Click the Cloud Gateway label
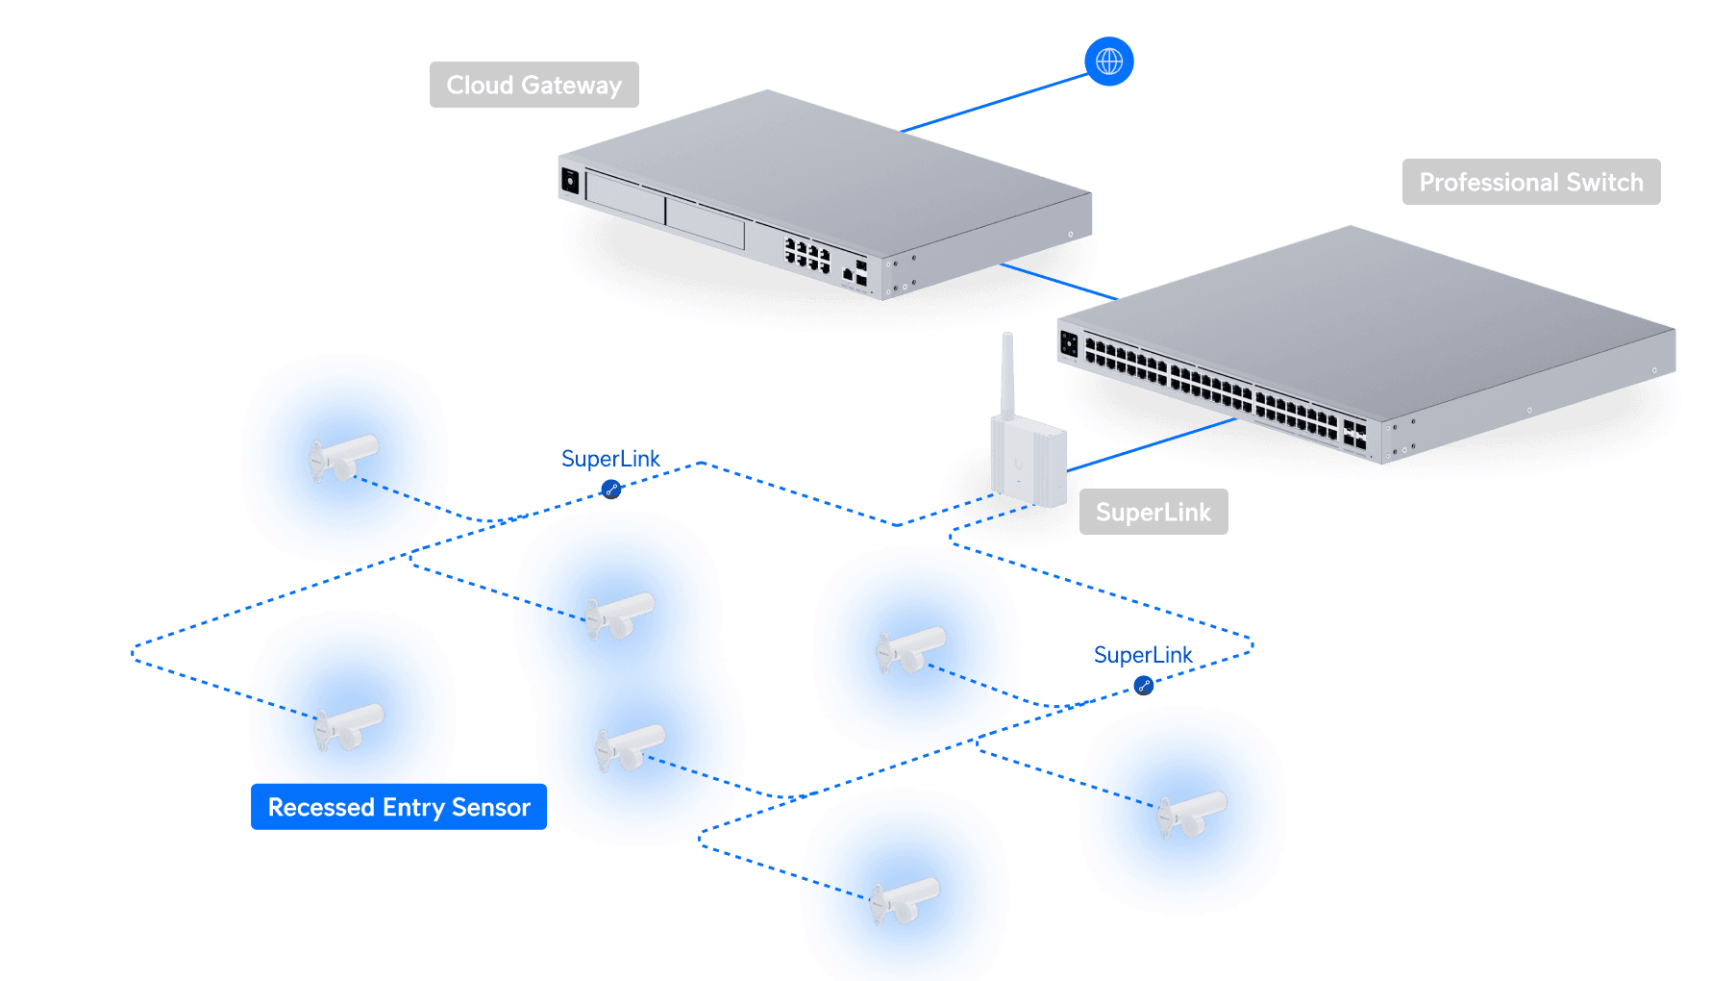pos(533,85)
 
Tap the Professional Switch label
pos(1531,182)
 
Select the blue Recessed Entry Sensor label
pos(399,807)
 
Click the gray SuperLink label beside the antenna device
pos(1153,512)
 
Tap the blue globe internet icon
pos(1109,62)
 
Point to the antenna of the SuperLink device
pos(1007,374)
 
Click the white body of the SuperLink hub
pos(1029,461)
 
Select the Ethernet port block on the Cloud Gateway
pos(807,255)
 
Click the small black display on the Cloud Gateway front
pos(570,181)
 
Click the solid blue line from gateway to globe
pos(994,102)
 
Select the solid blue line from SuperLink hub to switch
pos(1152,444)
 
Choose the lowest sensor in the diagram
pos(905,901)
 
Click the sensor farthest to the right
pos(1192,815)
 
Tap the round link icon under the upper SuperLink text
pos(611,490)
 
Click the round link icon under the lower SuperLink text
pos(1144,686)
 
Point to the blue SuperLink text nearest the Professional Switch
pos(1143,655)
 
